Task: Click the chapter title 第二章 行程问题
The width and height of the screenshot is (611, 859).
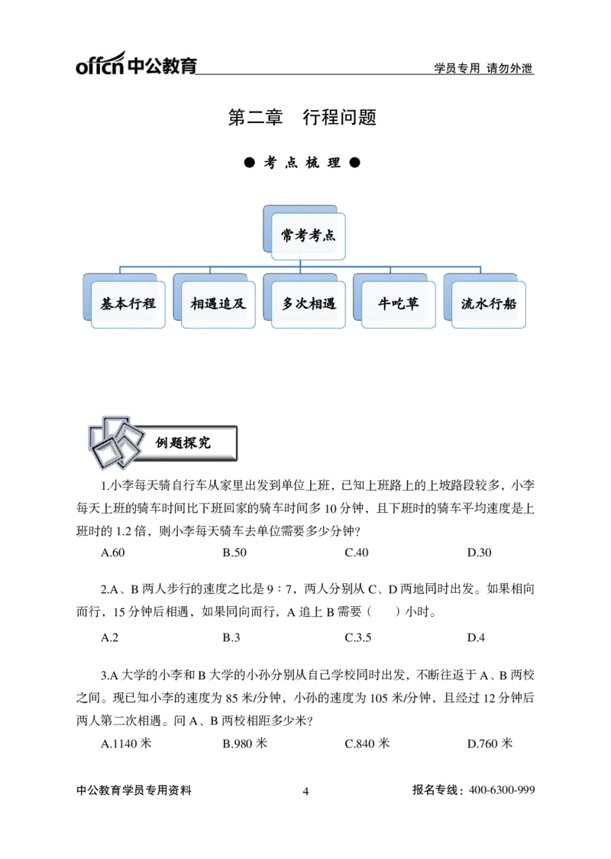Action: pos(302,117)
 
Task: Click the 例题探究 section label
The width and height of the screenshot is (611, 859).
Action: pos(183,442)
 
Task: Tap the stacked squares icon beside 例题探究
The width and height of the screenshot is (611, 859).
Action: pos(116,442)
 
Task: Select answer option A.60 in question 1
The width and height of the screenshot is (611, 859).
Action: pos(113,553)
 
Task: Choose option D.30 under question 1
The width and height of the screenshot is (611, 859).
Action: pos(479,553)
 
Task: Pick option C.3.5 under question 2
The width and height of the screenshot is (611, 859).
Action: pos(358,637)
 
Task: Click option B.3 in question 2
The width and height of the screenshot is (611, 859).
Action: pos(231,637)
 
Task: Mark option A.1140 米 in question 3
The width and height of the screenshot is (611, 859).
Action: pos(127,744)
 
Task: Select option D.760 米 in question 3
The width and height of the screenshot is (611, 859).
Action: pos(490,744)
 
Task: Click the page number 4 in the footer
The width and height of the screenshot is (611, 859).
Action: pos(305,791)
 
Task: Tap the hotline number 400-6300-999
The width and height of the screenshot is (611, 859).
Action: pos(502,790)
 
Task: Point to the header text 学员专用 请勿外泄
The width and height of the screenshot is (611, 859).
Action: pos(483,68)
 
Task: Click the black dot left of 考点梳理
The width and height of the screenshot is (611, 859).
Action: pos(250,163)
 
